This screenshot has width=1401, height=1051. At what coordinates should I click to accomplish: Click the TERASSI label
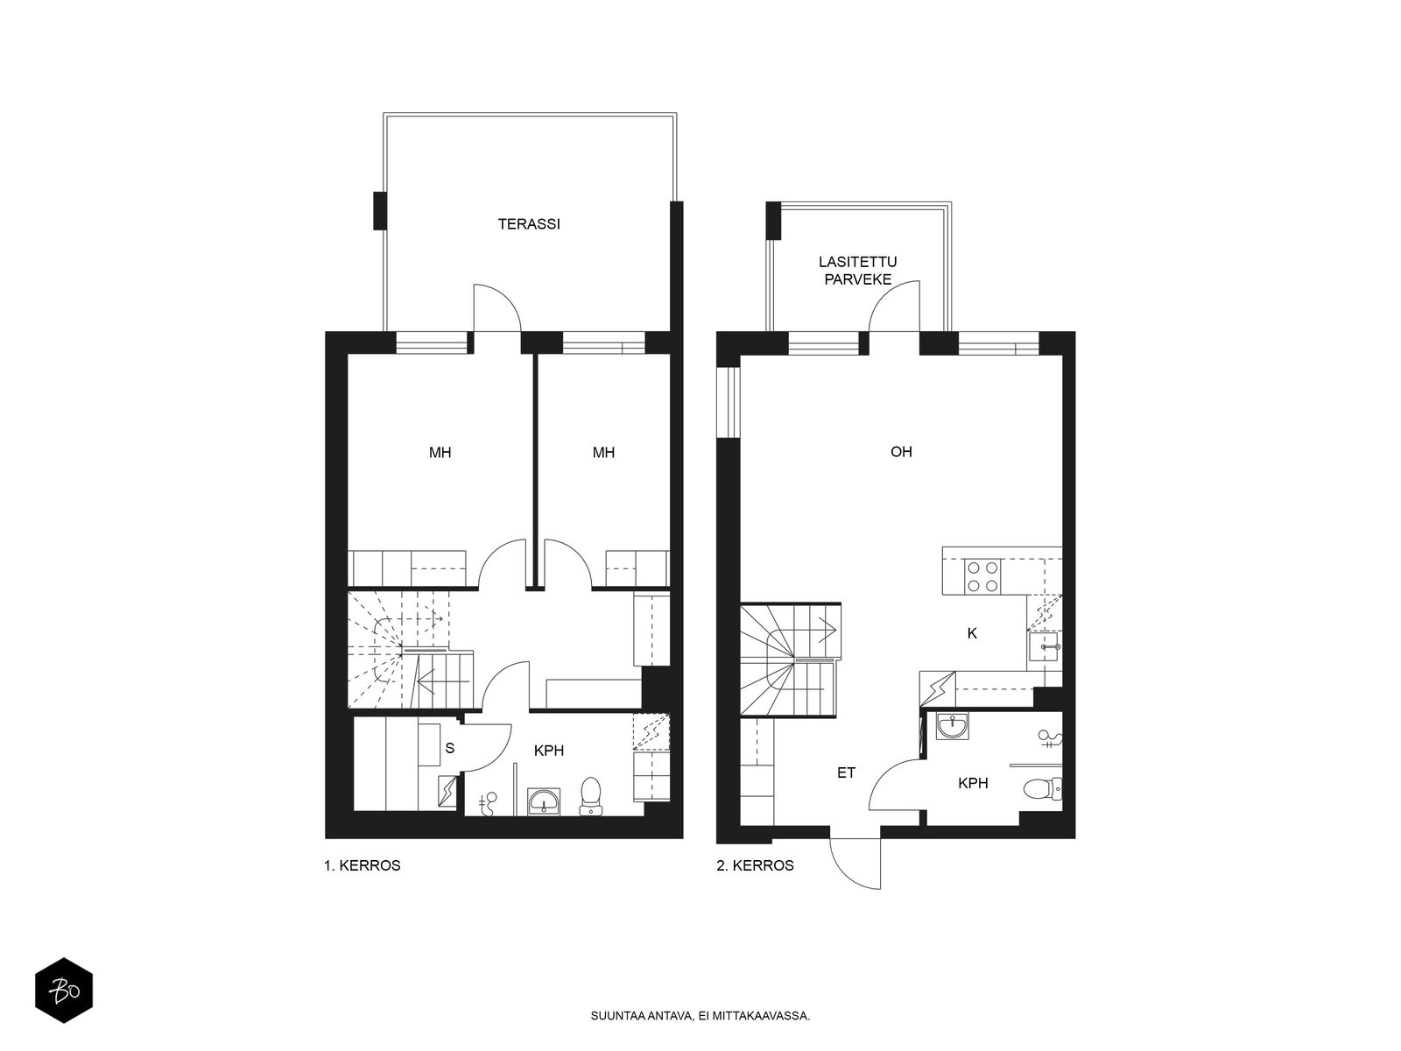tap(529, 224)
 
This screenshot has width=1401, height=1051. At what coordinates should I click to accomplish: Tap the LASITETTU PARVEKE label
tap(858, 271)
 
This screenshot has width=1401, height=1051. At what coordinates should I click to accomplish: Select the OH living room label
tap(901, 452)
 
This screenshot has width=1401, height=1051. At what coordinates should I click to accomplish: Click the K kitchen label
tap(972, 633)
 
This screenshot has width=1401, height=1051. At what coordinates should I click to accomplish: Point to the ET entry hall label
tap(847, 772)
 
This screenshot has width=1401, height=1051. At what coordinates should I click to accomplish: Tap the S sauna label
tap(450, 749)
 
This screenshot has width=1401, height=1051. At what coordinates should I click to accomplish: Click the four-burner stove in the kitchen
tap(983, 576)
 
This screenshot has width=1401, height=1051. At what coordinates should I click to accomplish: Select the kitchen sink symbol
tap(1045, 646)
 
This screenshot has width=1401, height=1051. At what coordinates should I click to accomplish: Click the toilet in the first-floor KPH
tap(590, 796)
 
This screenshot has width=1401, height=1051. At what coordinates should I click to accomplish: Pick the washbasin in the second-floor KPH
tap(952, 725)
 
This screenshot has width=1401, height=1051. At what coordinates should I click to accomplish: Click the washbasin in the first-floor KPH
tap(544, 801)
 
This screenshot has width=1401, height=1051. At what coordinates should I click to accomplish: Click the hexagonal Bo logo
tap(64, 991)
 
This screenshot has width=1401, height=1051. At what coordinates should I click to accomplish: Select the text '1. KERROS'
tap(363, 865)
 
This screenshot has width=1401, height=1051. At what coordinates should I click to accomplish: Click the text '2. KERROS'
tap(755, 865)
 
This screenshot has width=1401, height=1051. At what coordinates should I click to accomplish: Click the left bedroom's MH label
tap(440, 453)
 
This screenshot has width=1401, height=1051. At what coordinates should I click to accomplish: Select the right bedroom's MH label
tap(604, 453)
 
